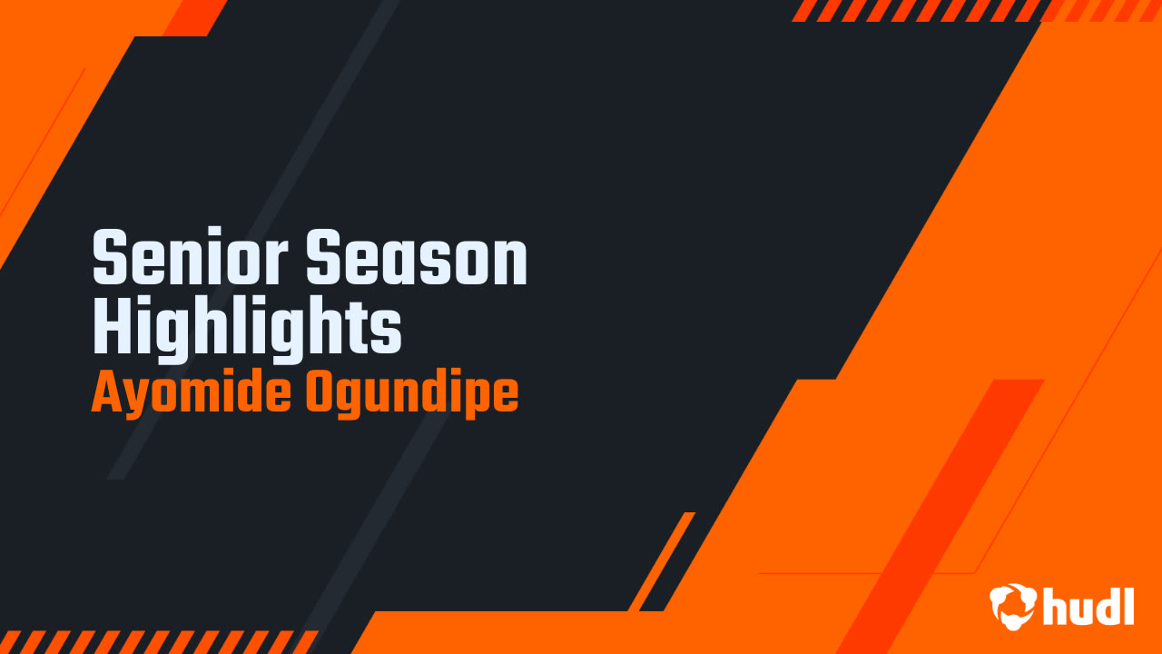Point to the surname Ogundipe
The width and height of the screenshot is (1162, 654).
click(412, 394)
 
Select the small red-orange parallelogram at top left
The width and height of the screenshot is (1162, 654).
click(194, 17)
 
